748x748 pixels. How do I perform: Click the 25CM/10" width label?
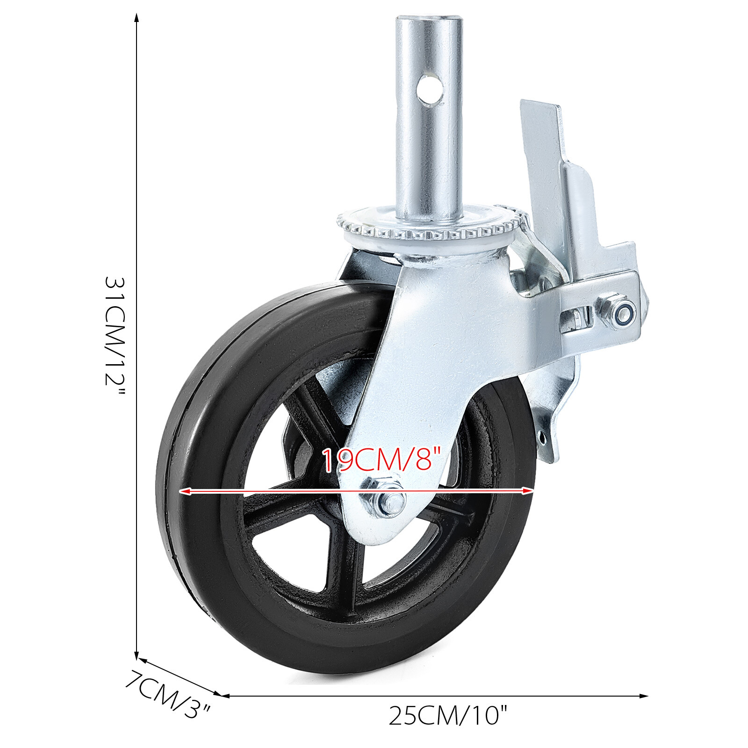coord(447,716)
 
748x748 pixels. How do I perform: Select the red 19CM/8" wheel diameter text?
coord(381,460)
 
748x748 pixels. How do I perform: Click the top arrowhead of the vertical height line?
coord(137,18)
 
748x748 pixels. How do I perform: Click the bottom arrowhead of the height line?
coord(137,655)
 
